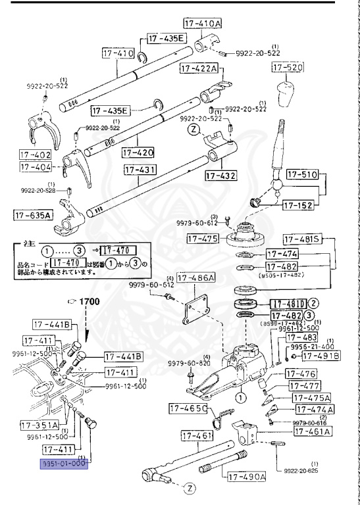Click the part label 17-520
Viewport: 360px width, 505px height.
tap(288, 68)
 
